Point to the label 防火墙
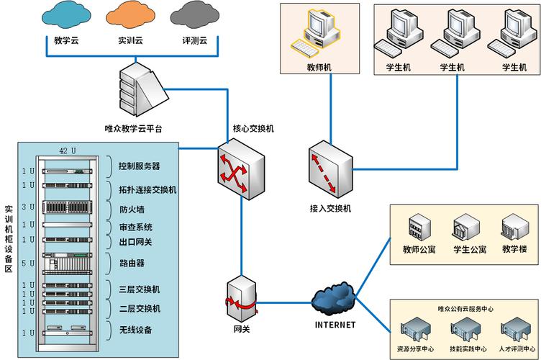click(132, 210)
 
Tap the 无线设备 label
click(136, 330)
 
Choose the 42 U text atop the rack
click(67, 150)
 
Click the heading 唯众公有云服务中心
click(465, 307)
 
